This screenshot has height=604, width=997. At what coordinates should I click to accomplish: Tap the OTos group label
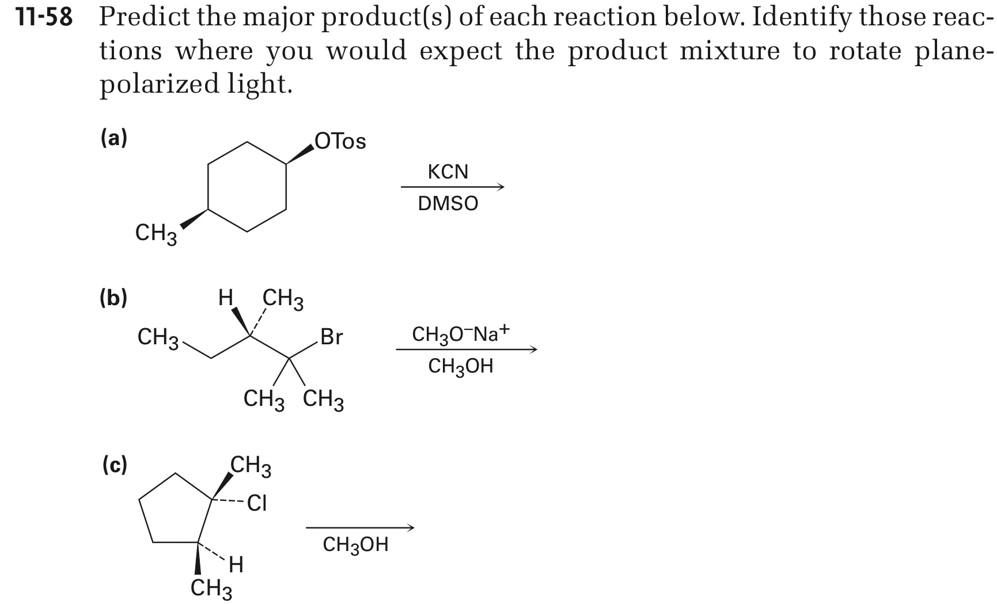[340, 141]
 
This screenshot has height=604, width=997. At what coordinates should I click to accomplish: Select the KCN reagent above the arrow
[448, 172]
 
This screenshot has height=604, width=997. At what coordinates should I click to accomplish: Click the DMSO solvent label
[448, 203]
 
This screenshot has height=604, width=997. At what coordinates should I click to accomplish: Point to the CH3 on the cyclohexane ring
[156, 234]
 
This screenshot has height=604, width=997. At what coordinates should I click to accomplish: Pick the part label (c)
[114, 465]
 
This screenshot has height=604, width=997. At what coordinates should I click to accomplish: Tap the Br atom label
[331, 337]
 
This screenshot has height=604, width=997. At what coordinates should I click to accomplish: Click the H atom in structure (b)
[226, 298]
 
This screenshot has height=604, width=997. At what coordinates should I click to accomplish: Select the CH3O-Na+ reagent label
[461, 333]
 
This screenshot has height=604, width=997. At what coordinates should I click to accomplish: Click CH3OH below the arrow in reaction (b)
[461, 366]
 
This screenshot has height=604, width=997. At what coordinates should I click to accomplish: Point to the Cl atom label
[257, 504]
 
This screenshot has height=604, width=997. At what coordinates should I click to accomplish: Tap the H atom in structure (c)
[236, 565]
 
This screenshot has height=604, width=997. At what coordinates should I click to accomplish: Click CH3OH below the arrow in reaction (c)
[356, 545]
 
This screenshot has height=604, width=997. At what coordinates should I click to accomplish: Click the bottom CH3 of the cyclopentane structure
[211, 590]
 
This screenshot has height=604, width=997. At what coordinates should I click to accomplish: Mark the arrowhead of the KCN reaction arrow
[501, 187]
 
